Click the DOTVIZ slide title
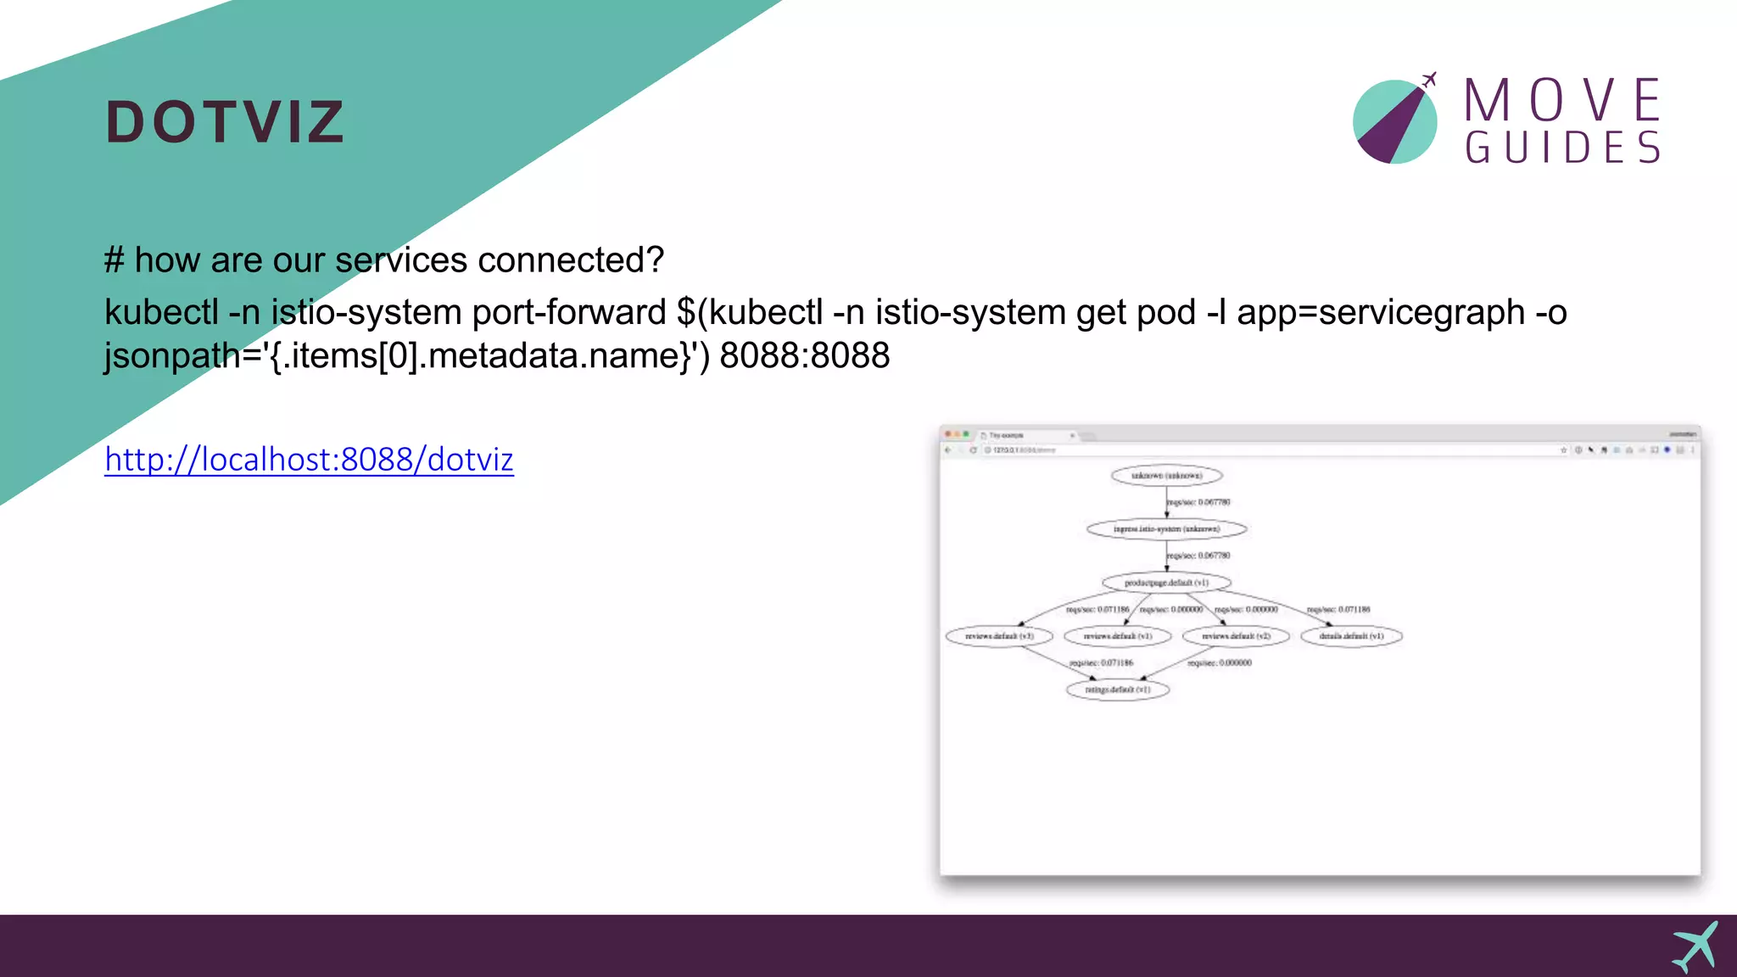[x=225, y=122]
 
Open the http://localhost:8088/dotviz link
[x=309, y=460]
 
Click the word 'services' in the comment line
[x=401, y=260]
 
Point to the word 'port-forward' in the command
[x=568, y=312]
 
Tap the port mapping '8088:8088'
[x=804, y=355]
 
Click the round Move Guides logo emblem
[x=1394, y=121]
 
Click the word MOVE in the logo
[x=1562, y=100]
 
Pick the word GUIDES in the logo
[x=1562, y=148]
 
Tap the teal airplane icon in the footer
[x=1695, y=946]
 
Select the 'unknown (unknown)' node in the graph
[x=1166, y=476]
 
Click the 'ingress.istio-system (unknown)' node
[x=1166, y=529]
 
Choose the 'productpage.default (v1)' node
[x=1166, y=583]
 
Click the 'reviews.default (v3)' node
[x=999, y=636]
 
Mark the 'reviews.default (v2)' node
[x=1236, y=636]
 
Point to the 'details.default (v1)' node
[x=1351, y=636]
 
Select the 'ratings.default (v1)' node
[x=1118, y=689]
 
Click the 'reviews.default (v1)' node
[x=1118, y=636]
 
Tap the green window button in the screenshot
[x=966, y=434]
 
